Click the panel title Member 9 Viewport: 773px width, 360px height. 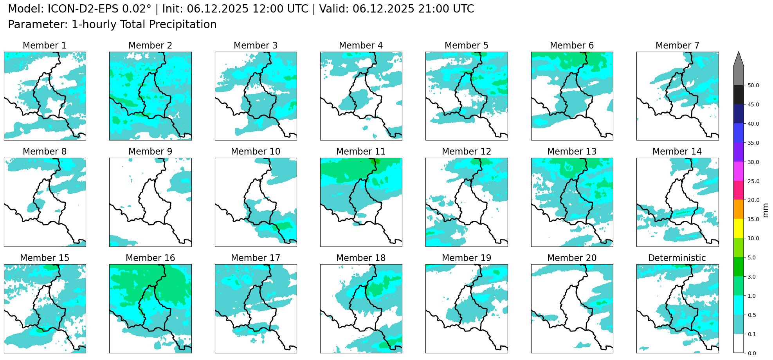tap(150, 151)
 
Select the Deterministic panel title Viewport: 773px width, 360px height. tap(677, 258)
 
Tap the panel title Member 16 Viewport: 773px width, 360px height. tap(150, 258)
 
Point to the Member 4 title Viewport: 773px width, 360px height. tap(360, 45)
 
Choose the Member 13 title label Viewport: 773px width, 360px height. tap(571, 151)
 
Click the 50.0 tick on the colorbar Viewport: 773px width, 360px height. tap(753, 85)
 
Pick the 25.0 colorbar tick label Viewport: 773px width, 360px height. tap(753, 181)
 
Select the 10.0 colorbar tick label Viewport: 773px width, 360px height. tap(753, 238)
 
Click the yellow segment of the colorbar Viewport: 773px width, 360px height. tap(739, 229)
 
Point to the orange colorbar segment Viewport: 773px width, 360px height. tap(739, 209)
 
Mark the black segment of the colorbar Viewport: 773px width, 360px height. tap(739, 94)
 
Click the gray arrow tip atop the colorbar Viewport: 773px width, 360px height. tap(739, 59)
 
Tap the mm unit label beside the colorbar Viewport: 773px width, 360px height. tap(766, 210)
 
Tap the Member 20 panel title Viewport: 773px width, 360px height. tap(571, 258)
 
